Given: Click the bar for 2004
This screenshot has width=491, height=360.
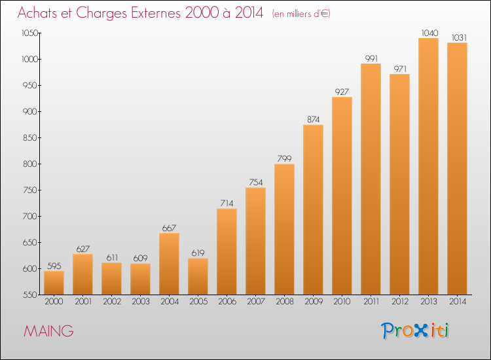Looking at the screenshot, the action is pos(169,264).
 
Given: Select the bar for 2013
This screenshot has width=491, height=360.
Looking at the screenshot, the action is pos(428,166).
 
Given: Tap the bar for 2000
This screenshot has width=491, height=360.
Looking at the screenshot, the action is pos(54,283).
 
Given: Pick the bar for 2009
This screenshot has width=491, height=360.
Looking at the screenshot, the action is pos(313,209).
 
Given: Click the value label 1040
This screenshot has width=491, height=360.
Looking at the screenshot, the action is pos(429,33).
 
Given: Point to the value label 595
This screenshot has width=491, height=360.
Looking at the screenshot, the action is pos(54,266).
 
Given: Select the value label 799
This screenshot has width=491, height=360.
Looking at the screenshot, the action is pos(284,158).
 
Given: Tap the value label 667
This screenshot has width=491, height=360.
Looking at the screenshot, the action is pos(169,228).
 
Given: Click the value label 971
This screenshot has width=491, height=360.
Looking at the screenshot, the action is pos(400,69).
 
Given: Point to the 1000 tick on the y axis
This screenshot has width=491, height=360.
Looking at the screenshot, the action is pos(39,59).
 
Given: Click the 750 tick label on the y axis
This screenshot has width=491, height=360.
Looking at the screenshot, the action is pos(29,190).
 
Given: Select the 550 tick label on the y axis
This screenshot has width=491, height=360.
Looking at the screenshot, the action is pos(29,295).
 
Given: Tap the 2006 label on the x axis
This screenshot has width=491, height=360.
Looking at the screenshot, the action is pos(227,302).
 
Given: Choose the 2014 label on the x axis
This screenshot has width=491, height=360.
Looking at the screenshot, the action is pos(458,302).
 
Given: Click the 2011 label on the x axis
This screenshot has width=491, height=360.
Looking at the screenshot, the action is pos(371,302).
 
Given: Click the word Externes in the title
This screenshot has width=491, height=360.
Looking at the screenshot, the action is pos(156,13).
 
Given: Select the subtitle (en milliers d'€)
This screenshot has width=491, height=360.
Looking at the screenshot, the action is pos(301,14).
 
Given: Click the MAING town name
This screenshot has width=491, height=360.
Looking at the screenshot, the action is pos(48,331).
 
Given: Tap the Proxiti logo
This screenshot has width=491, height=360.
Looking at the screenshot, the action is pos(414,331).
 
